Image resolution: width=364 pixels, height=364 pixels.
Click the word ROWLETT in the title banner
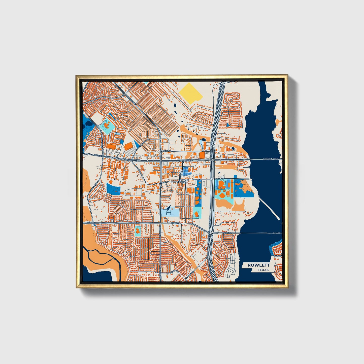click(258, 265)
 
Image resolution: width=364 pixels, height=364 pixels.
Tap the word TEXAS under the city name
click(263, 270)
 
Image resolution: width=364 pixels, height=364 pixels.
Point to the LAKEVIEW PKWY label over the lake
click(271, 159)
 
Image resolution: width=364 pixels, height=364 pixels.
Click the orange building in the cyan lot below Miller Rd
click(138, 230)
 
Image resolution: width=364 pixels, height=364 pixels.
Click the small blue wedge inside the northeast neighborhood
click(227, 125)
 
